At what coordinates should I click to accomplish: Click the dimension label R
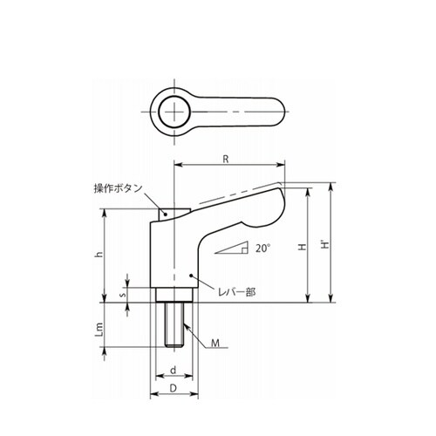226,159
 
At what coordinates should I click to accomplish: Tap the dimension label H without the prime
303,247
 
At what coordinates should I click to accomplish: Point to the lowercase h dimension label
99,255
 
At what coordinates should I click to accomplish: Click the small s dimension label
123,295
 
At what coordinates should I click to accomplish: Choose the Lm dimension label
99,330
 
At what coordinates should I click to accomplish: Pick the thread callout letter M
215,344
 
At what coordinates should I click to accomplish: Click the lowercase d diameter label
174,370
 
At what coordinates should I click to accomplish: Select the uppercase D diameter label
174,388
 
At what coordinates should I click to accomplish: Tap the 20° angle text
263,249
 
